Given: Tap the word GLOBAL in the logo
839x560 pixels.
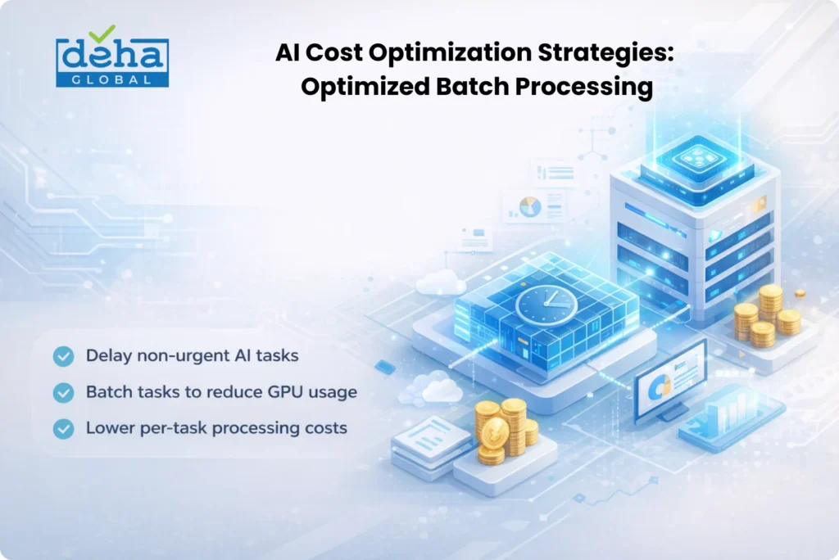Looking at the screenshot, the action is pyautogui.click(x=111, y=80).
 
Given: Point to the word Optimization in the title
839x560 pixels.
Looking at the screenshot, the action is pyautogui.click(x=450, y=53).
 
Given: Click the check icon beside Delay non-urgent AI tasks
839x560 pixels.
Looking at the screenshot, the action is pyautogui.click(x=63, y=356).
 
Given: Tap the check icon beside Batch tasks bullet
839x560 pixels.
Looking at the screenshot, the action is pyautogui.click(x=63, y=393).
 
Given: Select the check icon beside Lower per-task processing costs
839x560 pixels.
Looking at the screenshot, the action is pyautogui.click(x=63, y=428).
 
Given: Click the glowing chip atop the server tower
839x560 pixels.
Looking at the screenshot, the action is pyautogui.click(x=697, y=159).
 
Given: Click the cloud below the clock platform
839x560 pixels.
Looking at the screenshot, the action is pyautogui.click(x=433, y=390).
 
